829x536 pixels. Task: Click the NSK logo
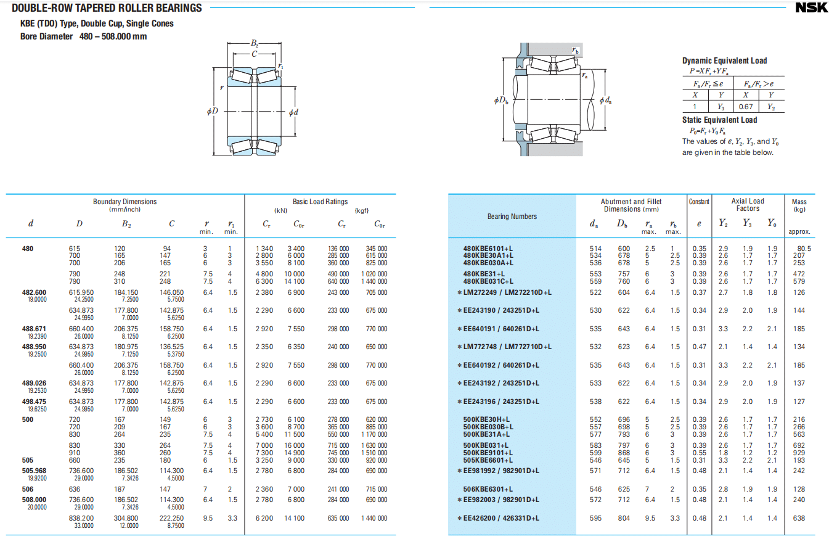tap(811, 7)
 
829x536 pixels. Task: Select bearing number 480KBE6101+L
tap(488, 249)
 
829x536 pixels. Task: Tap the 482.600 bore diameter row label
tap(34, 292)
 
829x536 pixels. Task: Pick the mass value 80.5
tap(804, 249)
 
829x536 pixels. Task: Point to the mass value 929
tap(799, 453)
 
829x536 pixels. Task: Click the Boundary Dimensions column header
tap(125, 202)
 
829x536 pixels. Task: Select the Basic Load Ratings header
tap(320, 202)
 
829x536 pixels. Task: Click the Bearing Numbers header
tap(512, 216)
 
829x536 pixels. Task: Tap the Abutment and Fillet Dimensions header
tap(631, 205)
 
